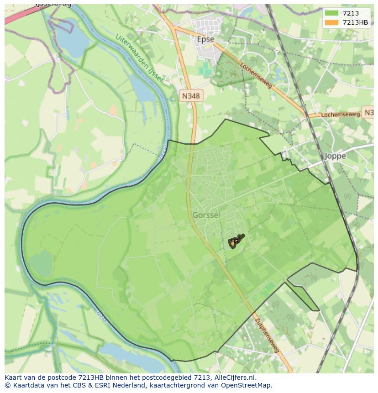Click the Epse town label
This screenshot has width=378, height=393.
(205, 39)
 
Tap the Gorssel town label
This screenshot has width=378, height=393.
(206, 215)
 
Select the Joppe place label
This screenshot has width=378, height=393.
(335, 156)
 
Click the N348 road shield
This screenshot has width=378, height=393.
(191, 96)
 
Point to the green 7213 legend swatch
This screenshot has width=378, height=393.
(331, 14)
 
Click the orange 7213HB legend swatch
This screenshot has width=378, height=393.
(331, 22)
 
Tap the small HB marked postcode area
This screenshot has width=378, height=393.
(234, 242)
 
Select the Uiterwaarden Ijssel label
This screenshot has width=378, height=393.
(139, 58)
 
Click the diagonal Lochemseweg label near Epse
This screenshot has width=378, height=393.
(256, 75)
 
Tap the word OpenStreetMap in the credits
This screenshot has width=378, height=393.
(247, 385)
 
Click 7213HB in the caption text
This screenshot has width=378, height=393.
(93, 377)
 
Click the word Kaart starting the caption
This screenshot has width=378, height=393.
(14, 377)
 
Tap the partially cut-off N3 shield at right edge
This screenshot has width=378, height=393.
(368, 113)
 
